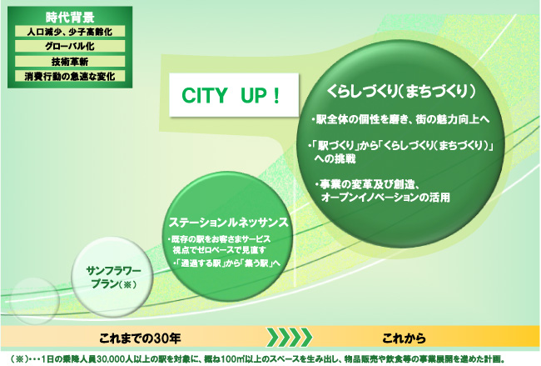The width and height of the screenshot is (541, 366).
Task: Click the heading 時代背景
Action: click(x=70, y=17)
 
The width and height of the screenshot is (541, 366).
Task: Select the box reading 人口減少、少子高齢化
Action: click(x=70, y=32)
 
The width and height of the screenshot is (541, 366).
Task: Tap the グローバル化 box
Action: click(x=70, y=47)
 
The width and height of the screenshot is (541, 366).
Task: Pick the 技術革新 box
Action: click(x=70, y=62)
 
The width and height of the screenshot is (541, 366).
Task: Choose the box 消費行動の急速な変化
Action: click(x=70, y=76)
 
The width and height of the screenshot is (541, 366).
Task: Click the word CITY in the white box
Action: click(x=205, y=95)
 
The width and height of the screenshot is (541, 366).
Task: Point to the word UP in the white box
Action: click(x=254, y=95)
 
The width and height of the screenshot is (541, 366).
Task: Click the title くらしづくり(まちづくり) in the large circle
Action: click(x=401, y=92)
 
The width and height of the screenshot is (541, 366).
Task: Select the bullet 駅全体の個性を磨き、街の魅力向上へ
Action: click(x=400, y=119)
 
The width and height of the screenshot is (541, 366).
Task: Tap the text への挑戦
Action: click(x=335, y=159)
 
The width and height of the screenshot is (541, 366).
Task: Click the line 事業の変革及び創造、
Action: click(x=367, y=184)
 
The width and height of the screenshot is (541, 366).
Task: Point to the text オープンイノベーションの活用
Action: click(x=385, y=198)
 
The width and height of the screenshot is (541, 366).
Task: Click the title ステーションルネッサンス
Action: click(x=228, y=223)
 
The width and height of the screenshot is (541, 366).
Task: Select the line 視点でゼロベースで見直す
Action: click(x=219, y=249)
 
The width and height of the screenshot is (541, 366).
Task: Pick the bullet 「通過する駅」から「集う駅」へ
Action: click(x=226, y=263)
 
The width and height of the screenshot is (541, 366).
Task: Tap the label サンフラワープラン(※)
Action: click(x=114, y=278)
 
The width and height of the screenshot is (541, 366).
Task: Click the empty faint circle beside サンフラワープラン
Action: click(x=34, y=301)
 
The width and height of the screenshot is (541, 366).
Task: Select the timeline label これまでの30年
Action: click(x=140, y=338)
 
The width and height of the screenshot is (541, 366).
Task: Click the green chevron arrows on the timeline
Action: click(x=290, y=338)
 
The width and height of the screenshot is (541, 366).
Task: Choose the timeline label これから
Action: click(x=404, y=338)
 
